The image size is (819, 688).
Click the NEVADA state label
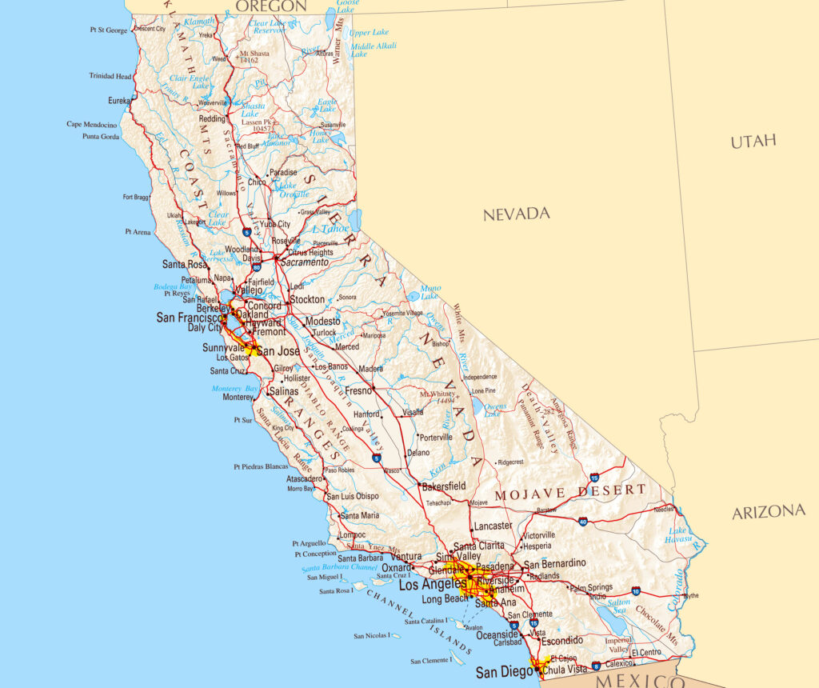coord(516,214)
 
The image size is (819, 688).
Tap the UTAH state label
coord(753,142)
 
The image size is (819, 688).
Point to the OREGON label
coord(271,6)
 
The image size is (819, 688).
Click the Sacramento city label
coord(303,262)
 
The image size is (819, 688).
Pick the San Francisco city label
coord(189,318)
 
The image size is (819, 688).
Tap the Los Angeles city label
coord(432,585)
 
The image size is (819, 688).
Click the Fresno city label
coord(358,391)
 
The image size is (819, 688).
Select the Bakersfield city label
coord(443,486)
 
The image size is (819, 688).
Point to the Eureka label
coord(118,101)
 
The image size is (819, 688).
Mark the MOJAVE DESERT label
coord(569,492)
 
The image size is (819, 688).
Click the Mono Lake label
coord(430,292)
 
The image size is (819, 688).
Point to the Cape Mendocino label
coord(92,124)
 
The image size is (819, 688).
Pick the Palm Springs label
coord(589,588)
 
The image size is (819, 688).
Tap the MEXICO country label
coord(635,680)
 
